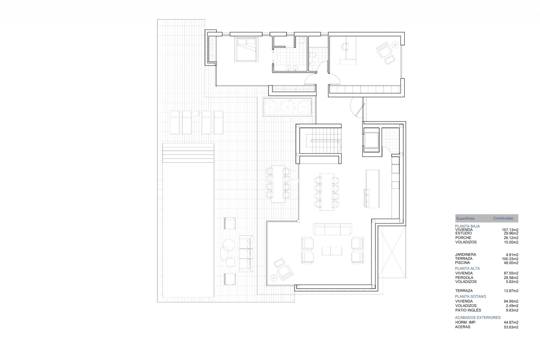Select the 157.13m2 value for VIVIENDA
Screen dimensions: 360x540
[x=510, y=230]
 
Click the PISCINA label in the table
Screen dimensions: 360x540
[x=462, y=263]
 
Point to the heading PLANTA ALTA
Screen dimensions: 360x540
[x=467, y=268]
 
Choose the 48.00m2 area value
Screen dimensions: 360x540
[x=511, y=263]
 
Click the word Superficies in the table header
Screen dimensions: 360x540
[x=465, y=218]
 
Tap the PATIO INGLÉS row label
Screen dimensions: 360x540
[x=468, y=310]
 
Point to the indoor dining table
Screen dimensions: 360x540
[x=327, y=192]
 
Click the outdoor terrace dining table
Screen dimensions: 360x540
[x=278, y=184]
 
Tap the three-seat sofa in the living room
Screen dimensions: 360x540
[x=332, y=229]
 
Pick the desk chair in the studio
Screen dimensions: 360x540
[x=345, y=46]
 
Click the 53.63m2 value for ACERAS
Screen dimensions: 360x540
[x=511, y=327]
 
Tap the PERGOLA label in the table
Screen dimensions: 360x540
[x=464, y=278]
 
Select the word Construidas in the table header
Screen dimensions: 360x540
[x=503, y=218]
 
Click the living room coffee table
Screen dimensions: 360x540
[x=332, y=251]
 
